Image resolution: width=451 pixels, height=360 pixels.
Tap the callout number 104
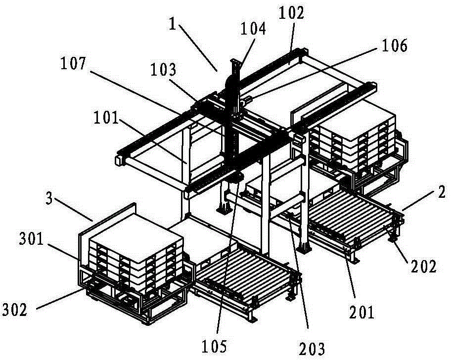tap(253, 29)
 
